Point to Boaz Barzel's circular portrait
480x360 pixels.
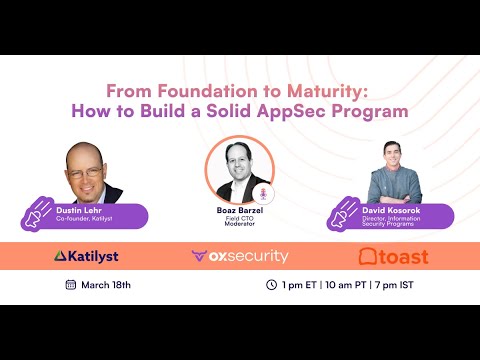point(240,169)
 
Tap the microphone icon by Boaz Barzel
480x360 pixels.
point(265,192)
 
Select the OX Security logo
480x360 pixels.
point(240,257)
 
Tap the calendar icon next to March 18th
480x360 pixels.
point(71,285)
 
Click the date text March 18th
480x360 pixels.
point(107,285)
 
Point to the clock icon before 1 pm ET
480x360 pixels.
point(271,285)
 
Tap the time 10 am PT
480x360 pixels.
point(340,285)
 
